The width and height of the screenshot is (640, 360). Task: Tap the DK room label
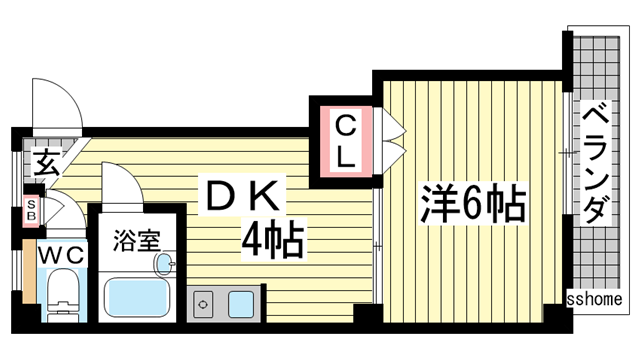pyautogui.click(x=245, y=196)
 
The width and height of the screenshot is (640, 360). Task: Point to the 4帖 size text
pyautogui.click(x=272, y=240)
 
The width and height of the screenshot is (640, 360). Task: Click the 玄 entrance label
pyautogui.click(x=45, y=161)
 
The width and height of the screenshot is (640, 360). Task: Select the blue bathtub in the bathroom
pyautogui.click(x=140, y=297)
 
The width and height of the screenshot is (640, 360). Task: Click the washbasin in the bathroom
pyautogui.click(x=163, y=263)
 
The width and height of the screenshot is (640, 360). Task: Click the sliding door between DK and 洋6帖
pyautogui.click(x=378, y=240)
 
